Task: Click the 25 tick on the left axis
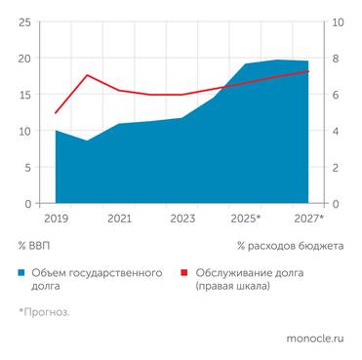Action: (x=23, y=22)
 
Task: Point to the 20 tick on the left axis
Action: (x=23, y=59)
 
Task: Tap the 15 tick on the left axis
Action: (x=23, y=95)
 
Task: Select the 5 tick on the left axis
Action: (x=27, y=167)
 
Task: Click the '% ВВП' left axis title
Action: (x=35, y=246)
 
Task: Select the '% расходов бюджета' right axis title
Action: (x=290, y=246)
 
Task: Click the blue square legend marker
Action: (x=22, y=274)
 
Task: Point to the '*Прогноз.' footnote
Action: (x=44, y=312)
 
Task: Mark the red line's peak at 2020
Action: (x=88, y=75)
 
